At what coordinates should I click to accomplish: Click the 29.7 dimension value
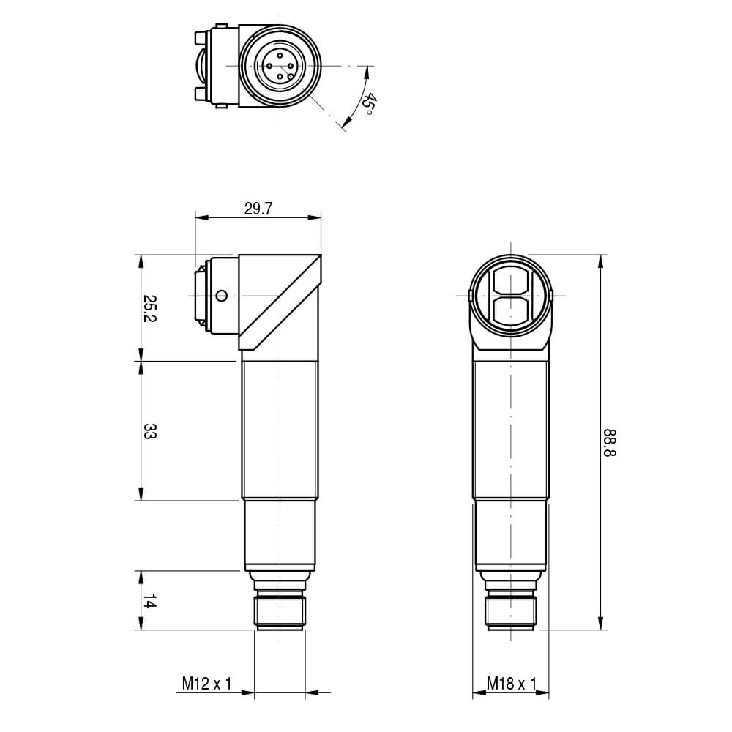258,209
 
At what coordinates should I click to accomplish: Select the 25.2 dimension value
149,307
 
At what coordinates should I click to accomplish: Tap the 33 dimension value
149,431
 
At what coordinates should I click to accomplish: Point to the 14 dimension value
149,601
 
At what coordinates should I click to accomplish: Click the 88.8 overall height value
609,443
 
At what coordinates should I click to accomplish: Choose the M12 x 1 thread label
206,684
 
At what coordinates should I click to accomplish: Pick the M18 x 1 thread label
512,684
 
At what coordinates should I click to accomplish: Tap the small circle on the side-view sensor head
222,296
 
